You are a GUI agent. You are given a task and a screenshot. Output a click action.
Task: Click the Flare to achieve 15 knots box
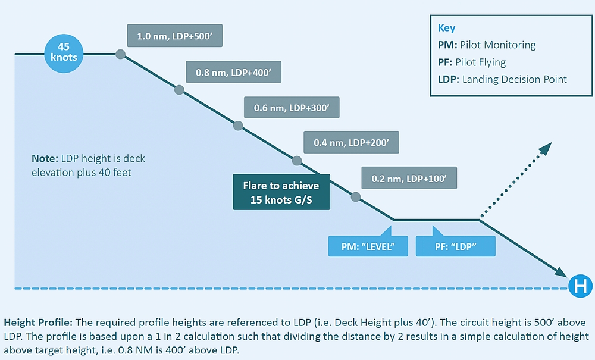281,192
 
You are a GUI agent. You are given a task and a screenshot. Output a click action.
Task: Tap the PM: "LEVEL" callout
368,246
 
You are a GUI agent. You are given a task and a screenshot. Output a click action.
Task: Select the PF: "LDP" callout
455,246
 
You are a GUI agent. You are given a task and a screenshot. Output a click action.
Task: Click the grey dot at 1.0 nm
120,54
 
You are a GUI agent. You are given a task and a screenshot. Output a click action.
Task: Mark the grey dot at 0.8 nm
179,90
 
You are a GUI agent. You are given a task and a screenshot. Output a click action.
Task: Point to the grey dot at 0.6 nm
238,126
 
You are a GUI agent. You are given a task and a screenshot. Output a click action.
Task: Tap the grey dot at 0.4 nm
297,161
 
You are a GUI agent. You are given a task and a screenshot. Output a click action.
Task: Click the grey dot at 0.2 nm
356,196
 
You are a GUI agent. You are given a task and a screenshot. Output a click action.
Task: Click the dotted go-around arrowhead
546,148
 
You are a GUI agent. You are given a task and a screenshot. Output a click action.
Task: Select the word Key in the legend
446,27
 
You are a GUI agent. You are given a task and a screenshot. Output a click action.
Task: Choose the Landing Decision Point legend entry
502,79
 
